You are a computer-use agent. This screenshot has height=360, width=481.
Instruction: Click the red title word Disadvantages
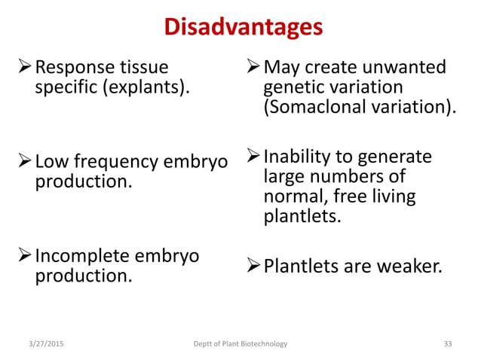(243, 27)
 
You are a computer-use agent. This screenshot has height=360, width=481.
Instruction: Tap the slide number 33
(448, 343)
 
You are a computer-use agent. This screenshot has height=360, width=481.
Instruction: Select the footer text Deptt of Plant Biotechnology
(240, 343)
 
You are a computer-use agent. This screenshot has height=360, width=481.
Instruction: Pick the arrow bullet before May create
(251, 69)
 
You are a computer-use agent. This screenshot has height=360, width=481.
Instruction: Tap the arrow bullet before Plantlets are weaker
(251, 267)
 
